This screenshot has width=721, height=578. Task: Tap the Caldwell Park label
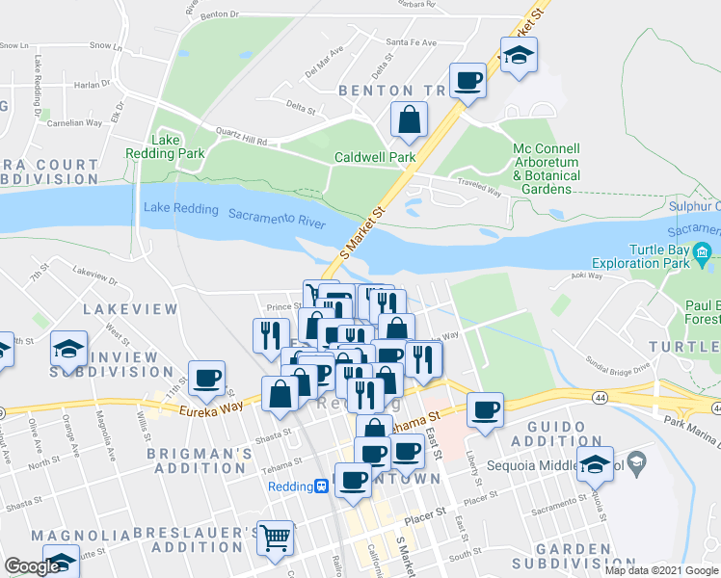pos(374,157)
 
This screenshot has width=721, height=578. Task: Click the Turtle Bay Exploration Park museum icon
pos(702,256)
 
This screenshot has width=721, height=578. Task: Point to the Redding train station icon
pos(322,487)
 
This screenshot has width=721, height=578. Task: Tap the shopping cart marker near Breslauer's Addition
pos(276,539)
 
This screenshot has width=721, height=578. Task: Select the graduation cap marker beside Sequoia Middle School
pos(596,464)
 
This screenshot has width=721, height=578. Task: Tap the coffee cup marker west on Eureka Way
pos(206,378)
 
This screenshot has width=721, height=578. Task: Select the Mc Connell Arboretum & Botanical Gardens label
pos(546,169)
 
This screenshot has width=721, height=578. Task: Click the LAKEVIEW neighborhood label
pos(129,309)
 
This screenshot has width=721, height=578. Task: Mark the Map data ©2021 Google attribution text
pos(661,570)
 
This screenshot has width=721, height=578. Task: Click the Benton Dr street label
pos(219,14)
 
